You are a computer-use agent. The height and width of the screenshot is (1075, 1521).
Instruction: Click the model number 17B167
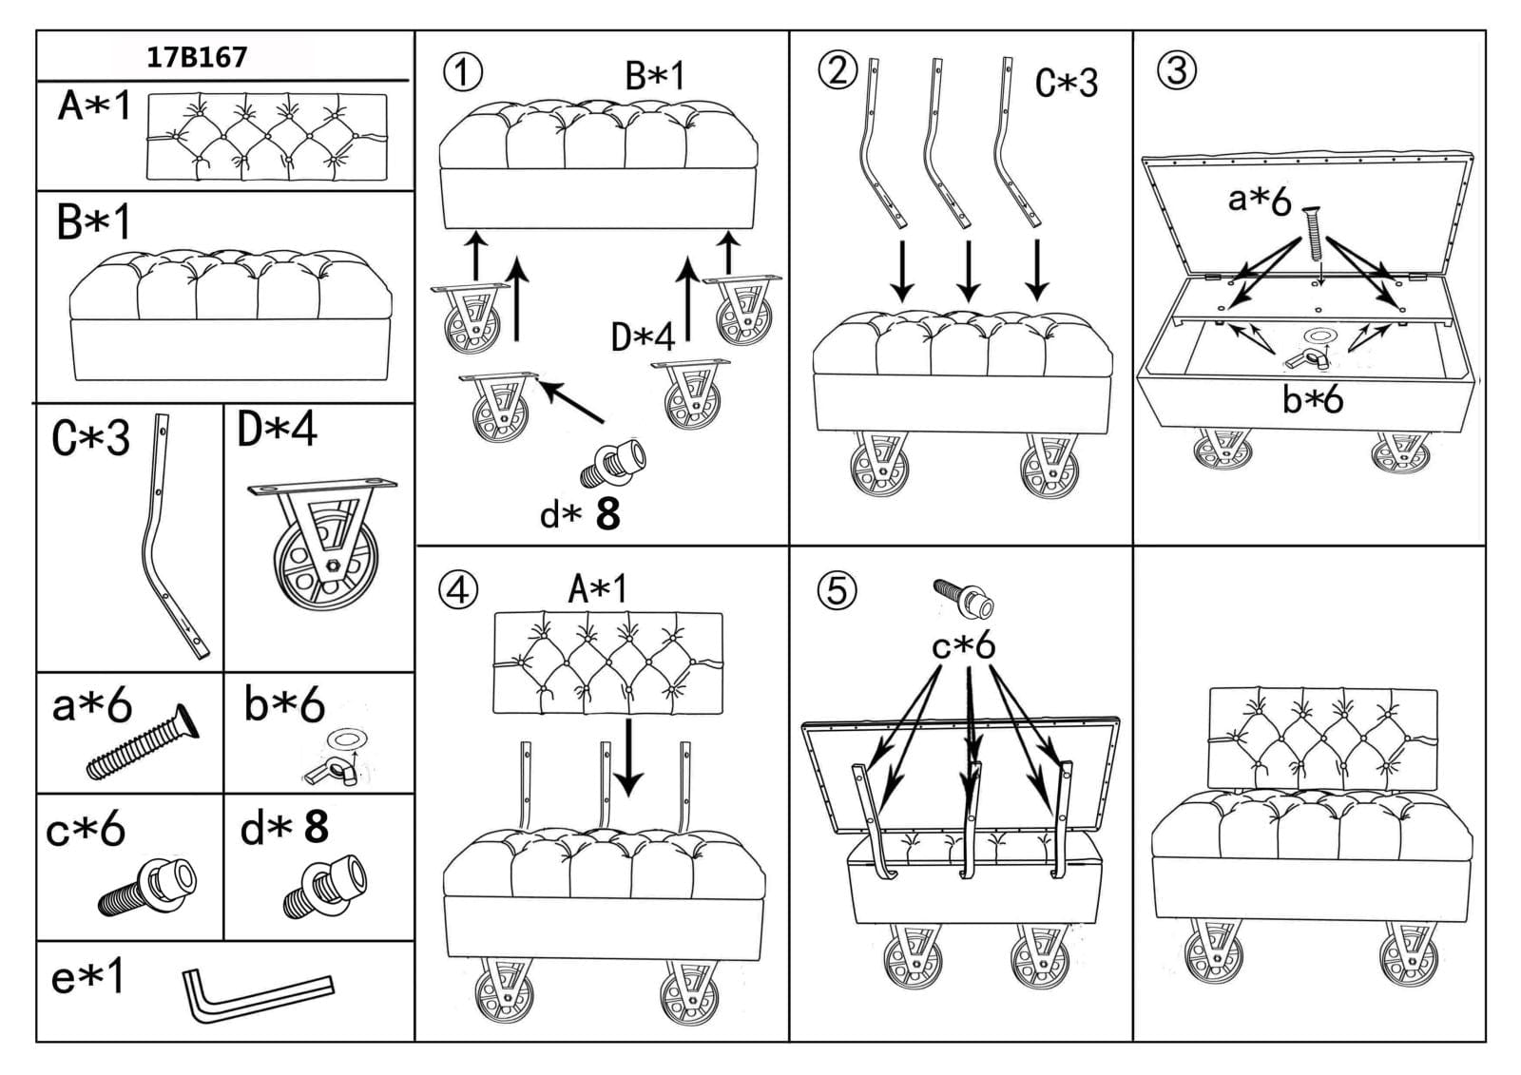pyautogui.click(x=197, y=57)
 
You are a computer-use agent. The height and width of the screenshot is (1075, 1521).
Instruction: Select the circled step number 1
pyautogui.click(x=462, y=72)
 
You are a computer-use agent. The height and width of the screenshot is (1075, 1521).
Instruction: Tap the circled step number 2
pyautogui.click(x=838, y=70)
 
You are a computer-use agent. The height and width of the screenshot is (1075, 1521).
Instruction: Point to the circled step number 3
pyautogui.click(x=1177, y=70)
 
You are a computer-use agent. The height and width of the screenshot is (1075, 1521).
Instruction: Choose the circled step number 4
pyautogui.click(x=457, y=590)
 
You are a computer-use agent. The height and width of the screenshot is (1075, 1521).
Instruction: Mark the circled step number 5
pyautogui.click(x=837, y=591)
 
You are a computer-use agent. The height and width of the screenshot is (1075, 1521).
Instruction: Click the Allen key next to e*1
pyautogui.click(x=257, y=994)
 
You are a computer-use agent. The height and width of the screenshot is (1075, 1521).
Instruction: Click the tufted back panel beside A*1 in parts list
pyautogui.click(x=267, y=138)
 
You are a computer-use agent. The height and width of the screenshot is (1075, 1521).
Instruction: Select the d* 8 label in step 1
pyautogui.click(x=579, y=514)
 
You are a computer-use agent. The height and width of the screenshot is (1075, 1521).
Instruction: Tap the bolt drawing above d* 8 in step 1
pyautogui.click(x=613, y=462)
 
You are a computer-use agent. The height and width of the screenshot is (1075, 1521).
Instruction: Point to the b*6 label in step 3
pyautogui.click(x=1313, y=400)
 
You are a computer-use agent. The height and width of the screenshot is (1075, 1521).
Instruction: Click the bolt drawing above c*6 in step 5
pyautogui.click(x=964, y=597)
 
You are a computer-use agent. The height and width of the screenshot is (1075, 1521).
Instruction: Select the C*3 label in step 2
pyautogui.click(x=1066, y=84)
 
